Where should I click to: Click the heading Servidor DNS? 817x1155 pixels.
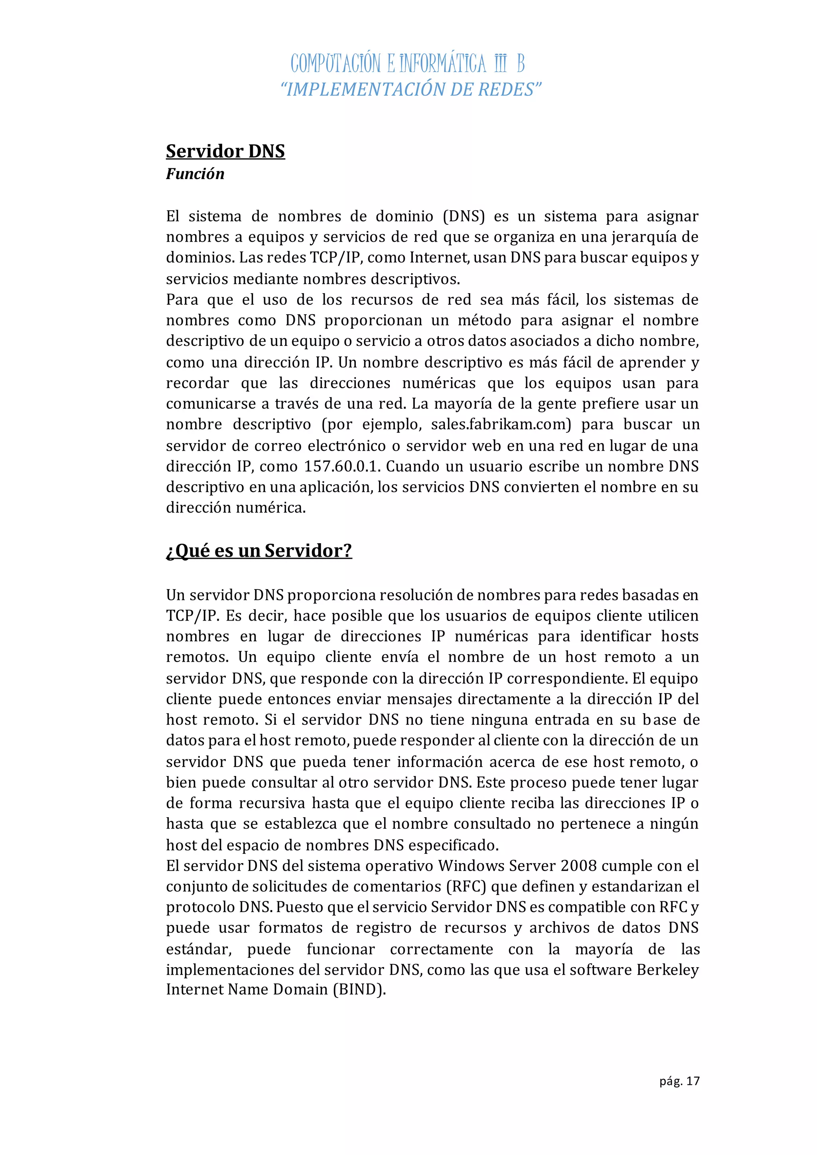coord(225,152)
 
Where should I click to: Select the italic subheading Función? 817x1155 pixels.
coord(195,174)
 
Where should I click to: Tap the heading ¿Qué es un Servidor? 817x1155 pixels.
coord(259,551)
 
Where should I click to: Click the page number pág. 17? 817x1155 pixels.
coord(679,1081)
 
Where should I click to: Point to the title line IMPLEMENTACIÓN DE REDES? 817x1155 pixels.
coord(410,90)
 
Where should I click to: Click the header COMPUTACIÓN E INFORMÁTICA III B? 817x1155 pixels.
coord(407,64)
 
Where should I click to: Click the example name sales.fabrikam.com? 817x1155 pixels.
coord(501,425)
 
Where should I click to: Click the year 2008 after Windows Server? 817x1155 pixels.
coord(578,866)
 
